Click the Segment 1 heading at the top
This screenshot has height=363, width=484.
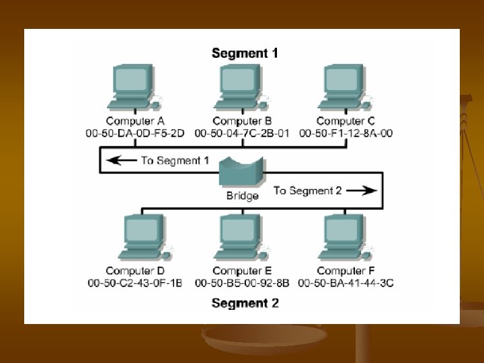tap(245, 52)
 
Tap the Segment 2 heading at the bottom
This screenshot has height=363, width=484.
tap(245, 303)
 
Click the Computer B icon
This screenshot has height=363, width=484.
tap(242, 87)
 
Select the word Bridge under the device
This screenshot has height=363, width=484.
tap(242, 196)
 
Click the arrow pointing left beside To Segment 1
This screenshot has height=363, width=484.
tap(123, 161)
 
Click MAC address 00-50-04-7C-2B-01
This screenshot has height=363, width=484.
tap(242, 133)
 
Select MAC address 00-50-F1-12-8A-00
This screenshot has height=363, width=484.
tap(346, 133)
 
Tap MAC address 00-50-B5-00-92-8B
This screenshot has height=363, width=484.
tap(242, 283)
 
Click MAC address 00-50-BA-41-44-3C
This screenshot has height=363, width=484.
tap(346, 283)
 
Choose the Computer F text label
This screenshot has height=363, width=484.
tap(346, 271)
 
